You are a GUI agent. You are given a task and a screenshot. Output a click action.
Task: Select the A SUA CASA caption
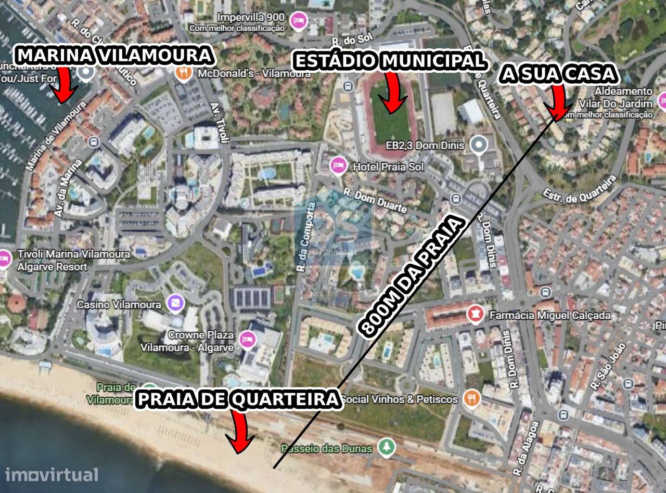558,75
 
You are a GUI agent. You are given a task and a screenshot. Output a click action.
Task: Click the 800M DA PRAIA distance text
411,276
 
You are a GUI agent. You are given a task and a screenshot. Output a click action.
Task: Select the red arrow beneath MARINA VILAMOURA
65,84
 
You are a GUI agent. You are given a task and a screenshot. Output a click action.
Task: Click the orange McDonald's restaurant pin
183,73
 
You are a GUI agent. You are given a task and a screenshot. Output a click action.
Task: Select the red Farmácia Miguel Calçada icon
475,314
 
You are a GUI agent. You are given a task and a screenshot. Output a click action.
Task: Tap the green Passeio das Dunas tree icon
386,447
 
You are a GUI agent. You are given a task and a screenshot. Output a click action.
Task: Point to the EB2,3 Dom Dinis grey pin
478,145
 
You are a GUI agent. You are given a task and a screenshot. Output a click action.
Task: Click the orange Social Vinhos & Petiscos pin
471,398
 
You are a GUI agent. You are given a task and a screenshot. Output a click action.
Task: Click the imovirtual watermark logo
52,474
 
